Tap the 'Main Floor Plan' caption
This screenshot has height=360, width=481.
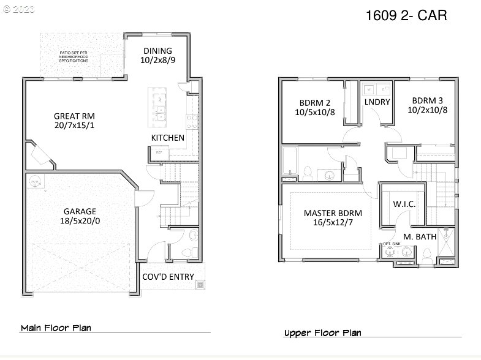[x=56, y=328]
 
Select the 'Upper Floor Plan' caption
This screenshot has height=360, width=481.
[x=322, y=333]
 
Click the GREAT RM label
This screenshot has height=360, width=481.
[x=74, y=115]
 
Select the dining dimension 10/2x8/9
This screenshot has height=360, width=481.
[x=157, y=61]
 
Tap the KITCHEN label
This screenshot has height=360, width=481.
[x=167, y=138]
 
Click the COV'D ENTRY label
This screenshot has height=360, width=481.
[x=168, y=277]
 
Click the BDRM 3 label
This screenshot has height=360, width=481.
[x=428, y=101]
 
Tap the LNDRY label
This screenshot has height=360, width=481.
[x=377, y=102]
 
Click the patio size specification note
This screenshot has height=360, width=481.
[x=74, y=58]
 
